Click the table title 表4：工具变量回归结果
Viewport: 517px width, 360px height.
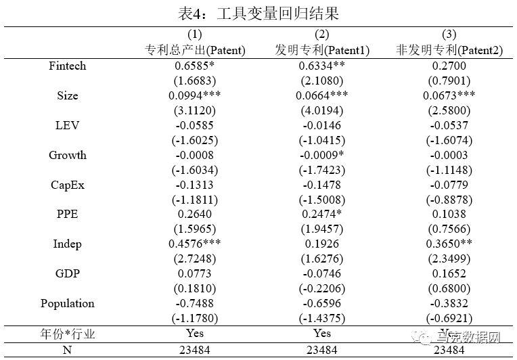tap(258, 13)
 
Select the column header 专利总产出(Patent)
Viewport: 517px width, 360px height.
tap(195, 50)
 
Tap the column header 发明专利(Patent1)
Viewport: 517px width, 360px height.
tap(321, 50)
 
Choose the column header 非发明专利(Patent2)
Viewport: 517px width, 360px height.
tap(449, 50)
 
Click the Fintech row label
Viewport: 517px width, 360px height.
tap(68, 66)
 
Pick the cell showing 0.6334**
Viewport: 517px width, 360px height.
tap(323, 66)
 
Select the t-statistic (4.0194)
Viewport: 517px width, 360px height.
tap(322, 111)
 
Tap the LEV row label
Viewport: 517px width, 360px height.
tap(68, 126)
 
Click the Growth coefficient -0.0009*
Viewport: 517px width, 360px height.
tap(322, 156)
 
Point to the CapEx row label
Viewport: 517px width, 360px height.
tap(68, 185)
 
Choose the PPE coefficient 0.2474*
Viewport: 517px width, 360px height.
tap(322, 215)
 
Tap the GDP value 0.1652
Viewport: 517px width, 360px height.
tap(449, 274)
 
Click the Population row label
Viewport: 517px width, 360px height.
tap(68, 303)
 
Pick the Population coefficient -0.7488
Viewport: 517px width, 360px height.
tap(195, 303)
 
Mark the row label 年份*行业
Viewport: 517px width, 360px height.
tap(68, 333)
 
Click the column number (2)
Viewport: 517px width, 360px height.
tap(322, 35)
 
